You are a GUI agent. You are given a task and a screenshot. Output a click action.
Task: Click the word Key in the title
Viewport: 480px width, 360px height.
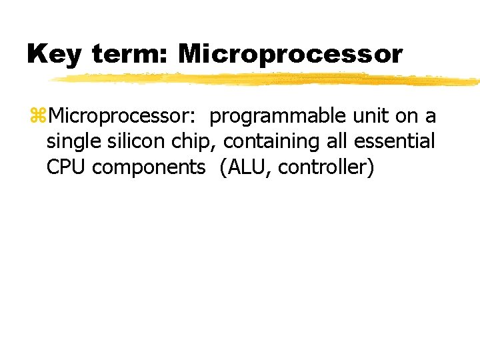(x=54, y=55)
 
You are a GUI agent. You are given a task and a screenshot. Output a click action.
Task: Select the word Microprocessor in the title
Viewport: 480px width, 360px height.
(x=290, y=55)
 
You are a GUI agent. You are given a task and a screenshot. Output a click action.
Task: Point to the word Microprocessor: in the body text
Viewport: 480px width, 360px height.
(x=121, y=117)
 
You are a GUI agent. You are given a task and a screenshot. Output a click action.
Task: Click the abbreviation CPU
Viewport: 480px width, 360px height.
(x=67, y=167)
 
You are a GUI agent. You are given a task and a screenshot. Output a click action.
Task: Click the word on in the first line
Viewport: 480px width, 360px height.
(x=407, y=117)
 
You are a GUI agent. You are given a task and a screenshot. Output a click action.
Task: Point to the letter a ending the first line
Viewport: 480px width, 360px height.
(x=431, y=117)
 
